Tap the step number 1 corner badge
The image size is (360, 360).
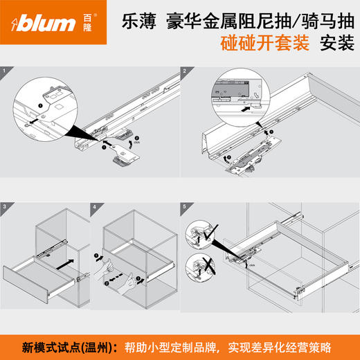point(6,71)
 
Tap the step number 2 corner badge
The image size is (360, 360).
point(185,71)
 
